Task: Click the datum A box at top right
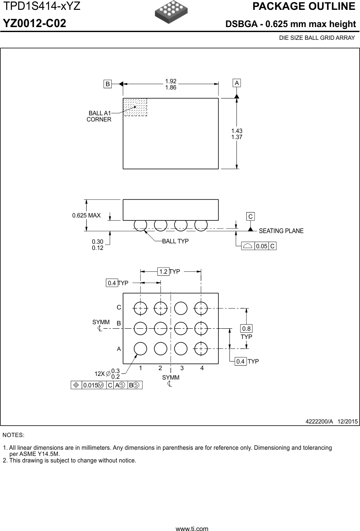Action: pos(237,83)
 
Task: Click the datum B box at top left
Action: pos(108,84)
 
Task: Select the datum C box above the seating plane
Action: pos(250,216)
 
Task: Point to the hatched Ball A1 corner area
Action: pos(135,107)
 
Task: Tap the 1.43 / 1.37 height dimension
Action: pos(237,134)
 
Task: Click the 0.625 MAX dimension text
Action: pos(86,215)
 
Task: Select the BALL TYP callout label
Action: pos(175,241)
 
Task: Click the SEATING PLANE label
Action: pos(281,231)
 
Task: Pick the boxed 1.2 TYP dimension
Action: pos(164,271)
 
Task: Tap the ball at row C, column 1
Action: pos(140,308)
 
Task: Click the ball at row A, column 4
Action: pos(201,348)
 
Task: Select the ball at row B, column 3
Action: pos(181,328)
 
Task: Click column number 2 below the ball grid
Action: pos(160,368)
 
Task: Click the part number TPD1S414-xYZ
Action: pos(42,7)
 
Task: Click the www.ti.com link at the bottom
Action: pos(192,529)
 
